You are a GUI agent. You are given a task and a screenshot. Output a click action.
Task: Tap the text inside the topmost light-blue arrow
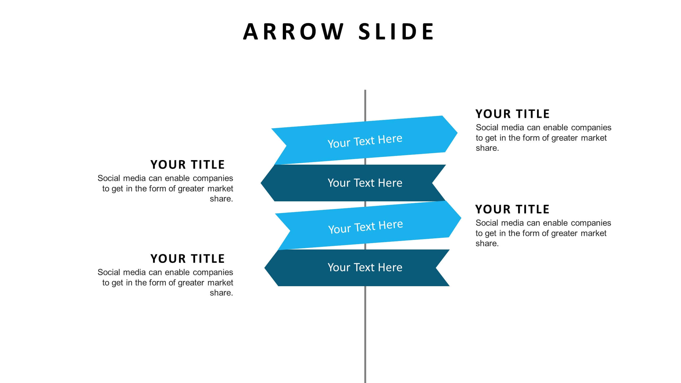click(x=365, y=141)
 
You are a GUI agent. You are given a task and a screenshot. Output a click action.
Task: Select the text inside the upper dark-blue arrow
click(x=365, y=183)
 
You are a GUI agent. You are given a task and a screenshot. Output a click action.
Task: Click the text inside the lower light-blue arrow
click(x=365, y=227)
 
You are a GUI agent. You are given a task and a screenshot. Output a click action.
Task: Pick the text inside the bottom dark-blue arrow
click(x=365, y=268)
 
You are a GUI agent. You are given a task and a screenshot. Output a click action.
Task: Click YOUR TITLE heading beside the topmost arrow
click(x=512, y=114)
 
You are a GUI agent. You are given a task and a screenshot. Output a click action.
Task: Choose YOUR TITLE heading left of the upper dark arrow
click(x=188, y=165)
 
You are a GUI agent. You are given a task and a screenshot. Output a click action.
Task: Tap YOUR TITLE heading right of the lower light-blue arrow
click(x=512, y=209)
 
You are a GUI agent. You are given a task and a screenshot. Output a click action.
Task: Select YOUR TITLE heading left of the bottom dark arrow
click(x=188, y=259)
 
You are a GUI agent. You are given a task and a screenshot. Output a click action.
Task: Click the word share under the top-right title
click(x=487, y=148)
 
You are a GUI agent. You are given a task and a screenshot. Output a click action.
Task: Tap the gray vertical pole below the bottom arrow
click(x=365, y=332)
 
